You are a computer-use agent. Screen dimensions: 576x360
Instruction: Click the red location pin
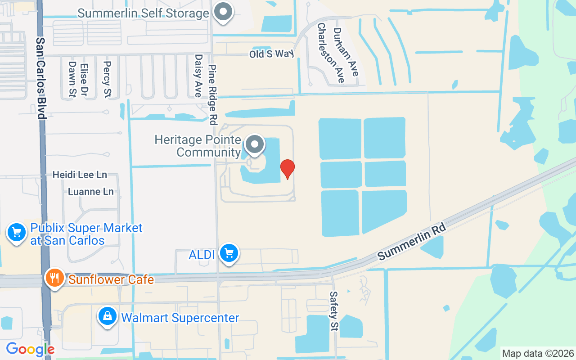(288, 169)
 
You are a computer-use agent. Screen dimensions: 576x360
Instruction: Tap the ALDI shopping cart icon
(229, 253)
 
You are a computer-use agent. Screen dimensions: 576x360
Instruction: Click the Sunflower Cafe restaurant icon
(55, 278)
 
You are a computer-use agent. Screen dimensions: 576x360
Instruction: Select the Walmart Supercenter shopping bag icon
(108, 316)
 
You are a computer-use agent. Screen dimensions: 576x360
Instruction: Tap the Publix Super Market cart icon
(17, 233)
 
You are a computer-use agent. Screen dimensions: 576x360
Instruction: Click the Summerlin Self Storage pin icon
(223, 12)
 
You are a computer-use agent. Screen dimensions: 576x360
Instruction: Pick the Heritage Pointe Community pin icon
(255, 145)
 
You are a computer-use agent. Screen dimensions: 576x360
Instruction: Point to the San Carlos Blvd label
(41, 77)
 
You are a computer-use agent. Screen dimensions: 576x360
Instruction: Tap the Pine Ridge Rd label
(213, 94)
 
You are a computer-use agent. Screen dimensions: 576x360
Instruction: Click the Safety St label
(333, 311)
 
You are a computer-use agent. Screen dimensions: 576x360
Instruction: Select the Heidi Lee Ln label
(80, 175)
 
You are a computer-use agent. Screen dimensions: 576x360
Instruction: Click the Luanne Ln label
(90, 192)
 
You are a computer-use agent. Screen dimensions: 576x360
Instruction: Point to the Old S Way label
(272, 54)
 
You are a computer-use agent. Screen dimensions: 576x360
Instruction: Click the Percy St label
(107, 73)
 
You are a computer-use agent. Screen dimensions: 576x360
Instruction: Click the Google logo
(30, 349)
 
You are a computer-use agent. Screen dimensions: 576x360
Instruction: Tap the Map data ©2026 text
(538, 353)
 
